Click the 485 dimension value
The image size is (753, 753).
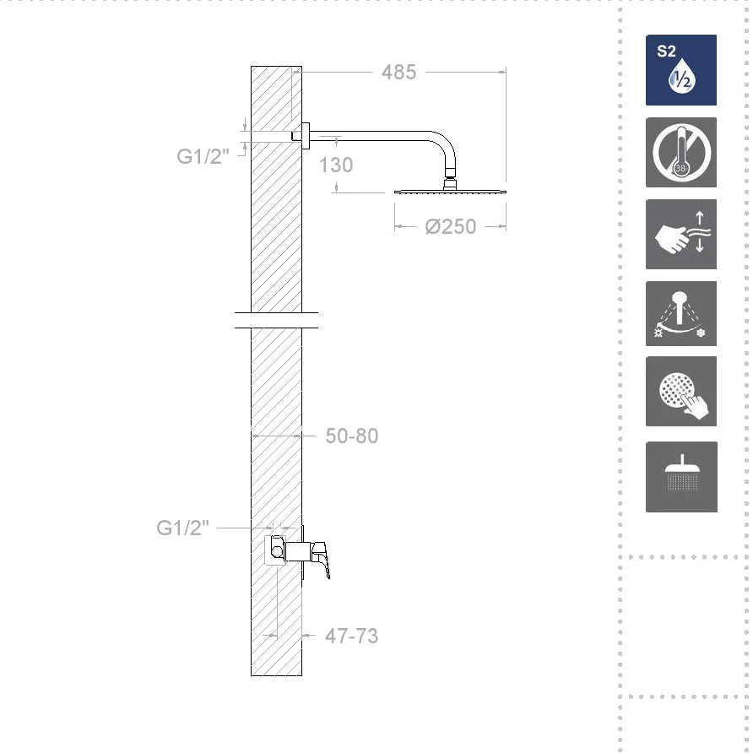pyautogui.click(x=398, y=73)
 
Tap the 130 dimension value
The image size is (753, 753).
pyautogui.click(x=336, y=165)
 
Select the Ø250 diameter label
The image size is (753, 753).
pyautogui.click(x=451, y=227)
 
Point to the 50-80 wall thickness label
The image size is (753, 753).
pyautogui.click(x=352, y=436)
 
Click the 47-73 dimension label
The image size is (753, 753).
pyautogui.click(x=351, y=636)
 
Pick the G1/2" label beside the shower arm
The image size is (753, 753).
pyautogui.click(x=203, y=156)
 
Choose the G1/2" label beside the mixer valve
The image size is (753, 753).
pyautogui.click(x=183, y=528)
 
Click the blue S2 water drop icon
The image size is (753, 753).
pyautogui.click(x=681, y=70)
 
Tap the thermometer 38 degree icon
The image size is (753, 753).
pyautogui.click(x=681, y=152)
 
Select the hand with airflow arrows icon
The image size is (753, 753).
pyautogui.click(x=681, y=235)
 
